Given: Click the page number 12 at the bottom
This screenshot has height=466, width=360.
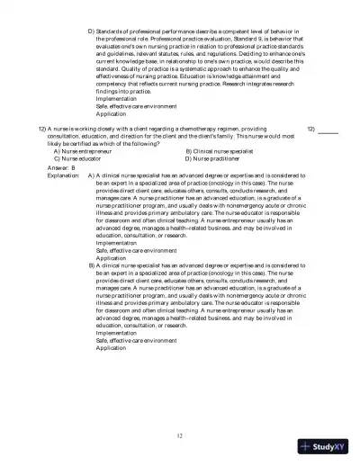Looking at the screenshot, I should [180, 435].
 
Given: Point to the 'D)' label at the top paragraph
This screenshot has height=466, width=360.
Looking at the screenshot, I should [91, 31].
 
